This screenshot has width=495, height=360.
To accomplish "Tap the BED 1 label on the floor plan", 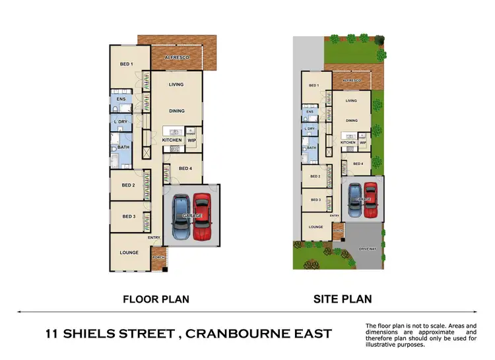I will pos(127,64).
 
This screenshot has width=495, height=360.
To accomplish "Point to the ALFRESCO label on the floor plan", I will pos(178,59).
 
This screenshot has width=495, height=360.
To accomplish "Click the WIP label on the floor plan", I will pos(192,140).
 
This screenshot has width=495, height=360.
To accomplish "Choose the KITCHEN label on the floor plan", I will pos(172,140).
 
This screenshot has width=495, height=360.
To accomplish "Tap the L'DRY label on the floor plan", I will pos(121,123).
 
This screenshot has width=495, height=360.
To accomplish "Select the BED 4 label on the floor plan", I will pos(185,169).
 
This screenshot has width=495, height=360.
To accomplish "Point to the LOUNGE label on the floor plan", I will pos(129,252).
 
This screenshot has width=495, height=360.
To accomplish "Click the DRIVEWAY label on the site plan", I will pos(366,249).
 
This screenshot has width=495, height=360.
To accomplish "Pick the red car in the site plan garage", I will pos(370,198).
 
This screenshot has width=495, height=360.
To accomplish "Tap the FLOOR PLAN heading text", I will pos(156,299).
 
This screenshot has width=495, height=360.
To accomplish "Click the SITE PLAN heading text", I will pos(341,299).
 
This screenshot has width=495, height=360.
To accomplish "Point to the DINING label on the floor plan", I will pos(176,111).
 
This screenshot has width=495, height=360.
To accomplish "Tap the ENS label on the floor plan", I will pos(121,100).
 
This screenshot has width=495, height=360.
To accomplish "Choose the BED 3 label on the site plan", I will pos(315,200).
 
